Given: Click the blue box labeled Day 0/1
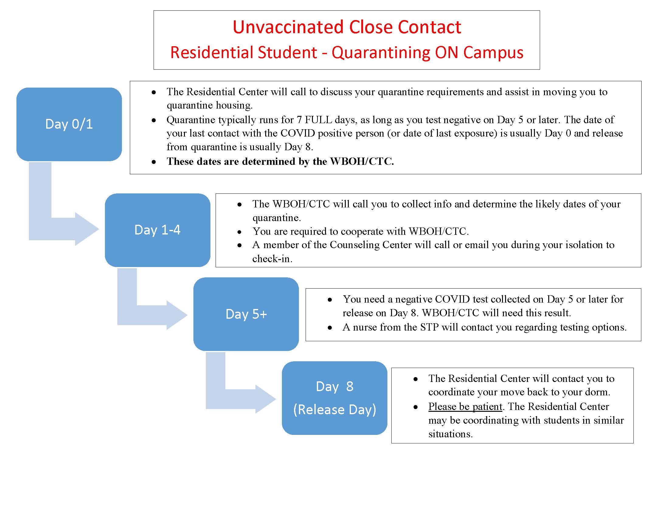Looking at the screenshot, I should [x=69, y=124].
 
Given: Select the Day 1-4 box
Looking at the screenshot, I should [x=158, y=230].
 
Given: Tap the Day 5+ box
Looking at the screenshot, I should [x=246, y=314].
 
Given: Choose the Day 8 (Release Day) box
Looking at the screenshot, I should [x=334, y=398].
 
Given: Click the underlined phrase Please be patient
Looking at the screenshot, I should [x=465, y=406].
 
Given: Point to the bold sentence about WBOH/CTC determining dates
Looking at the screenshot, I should [x=280, y=161].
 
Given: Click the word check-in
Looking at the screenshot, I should [x=272, y=259].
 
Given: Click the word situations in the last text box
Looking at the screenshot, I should [x=450, y=434].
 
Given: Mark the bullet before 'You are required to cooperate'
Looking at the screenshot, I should [x=239, y=232].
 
